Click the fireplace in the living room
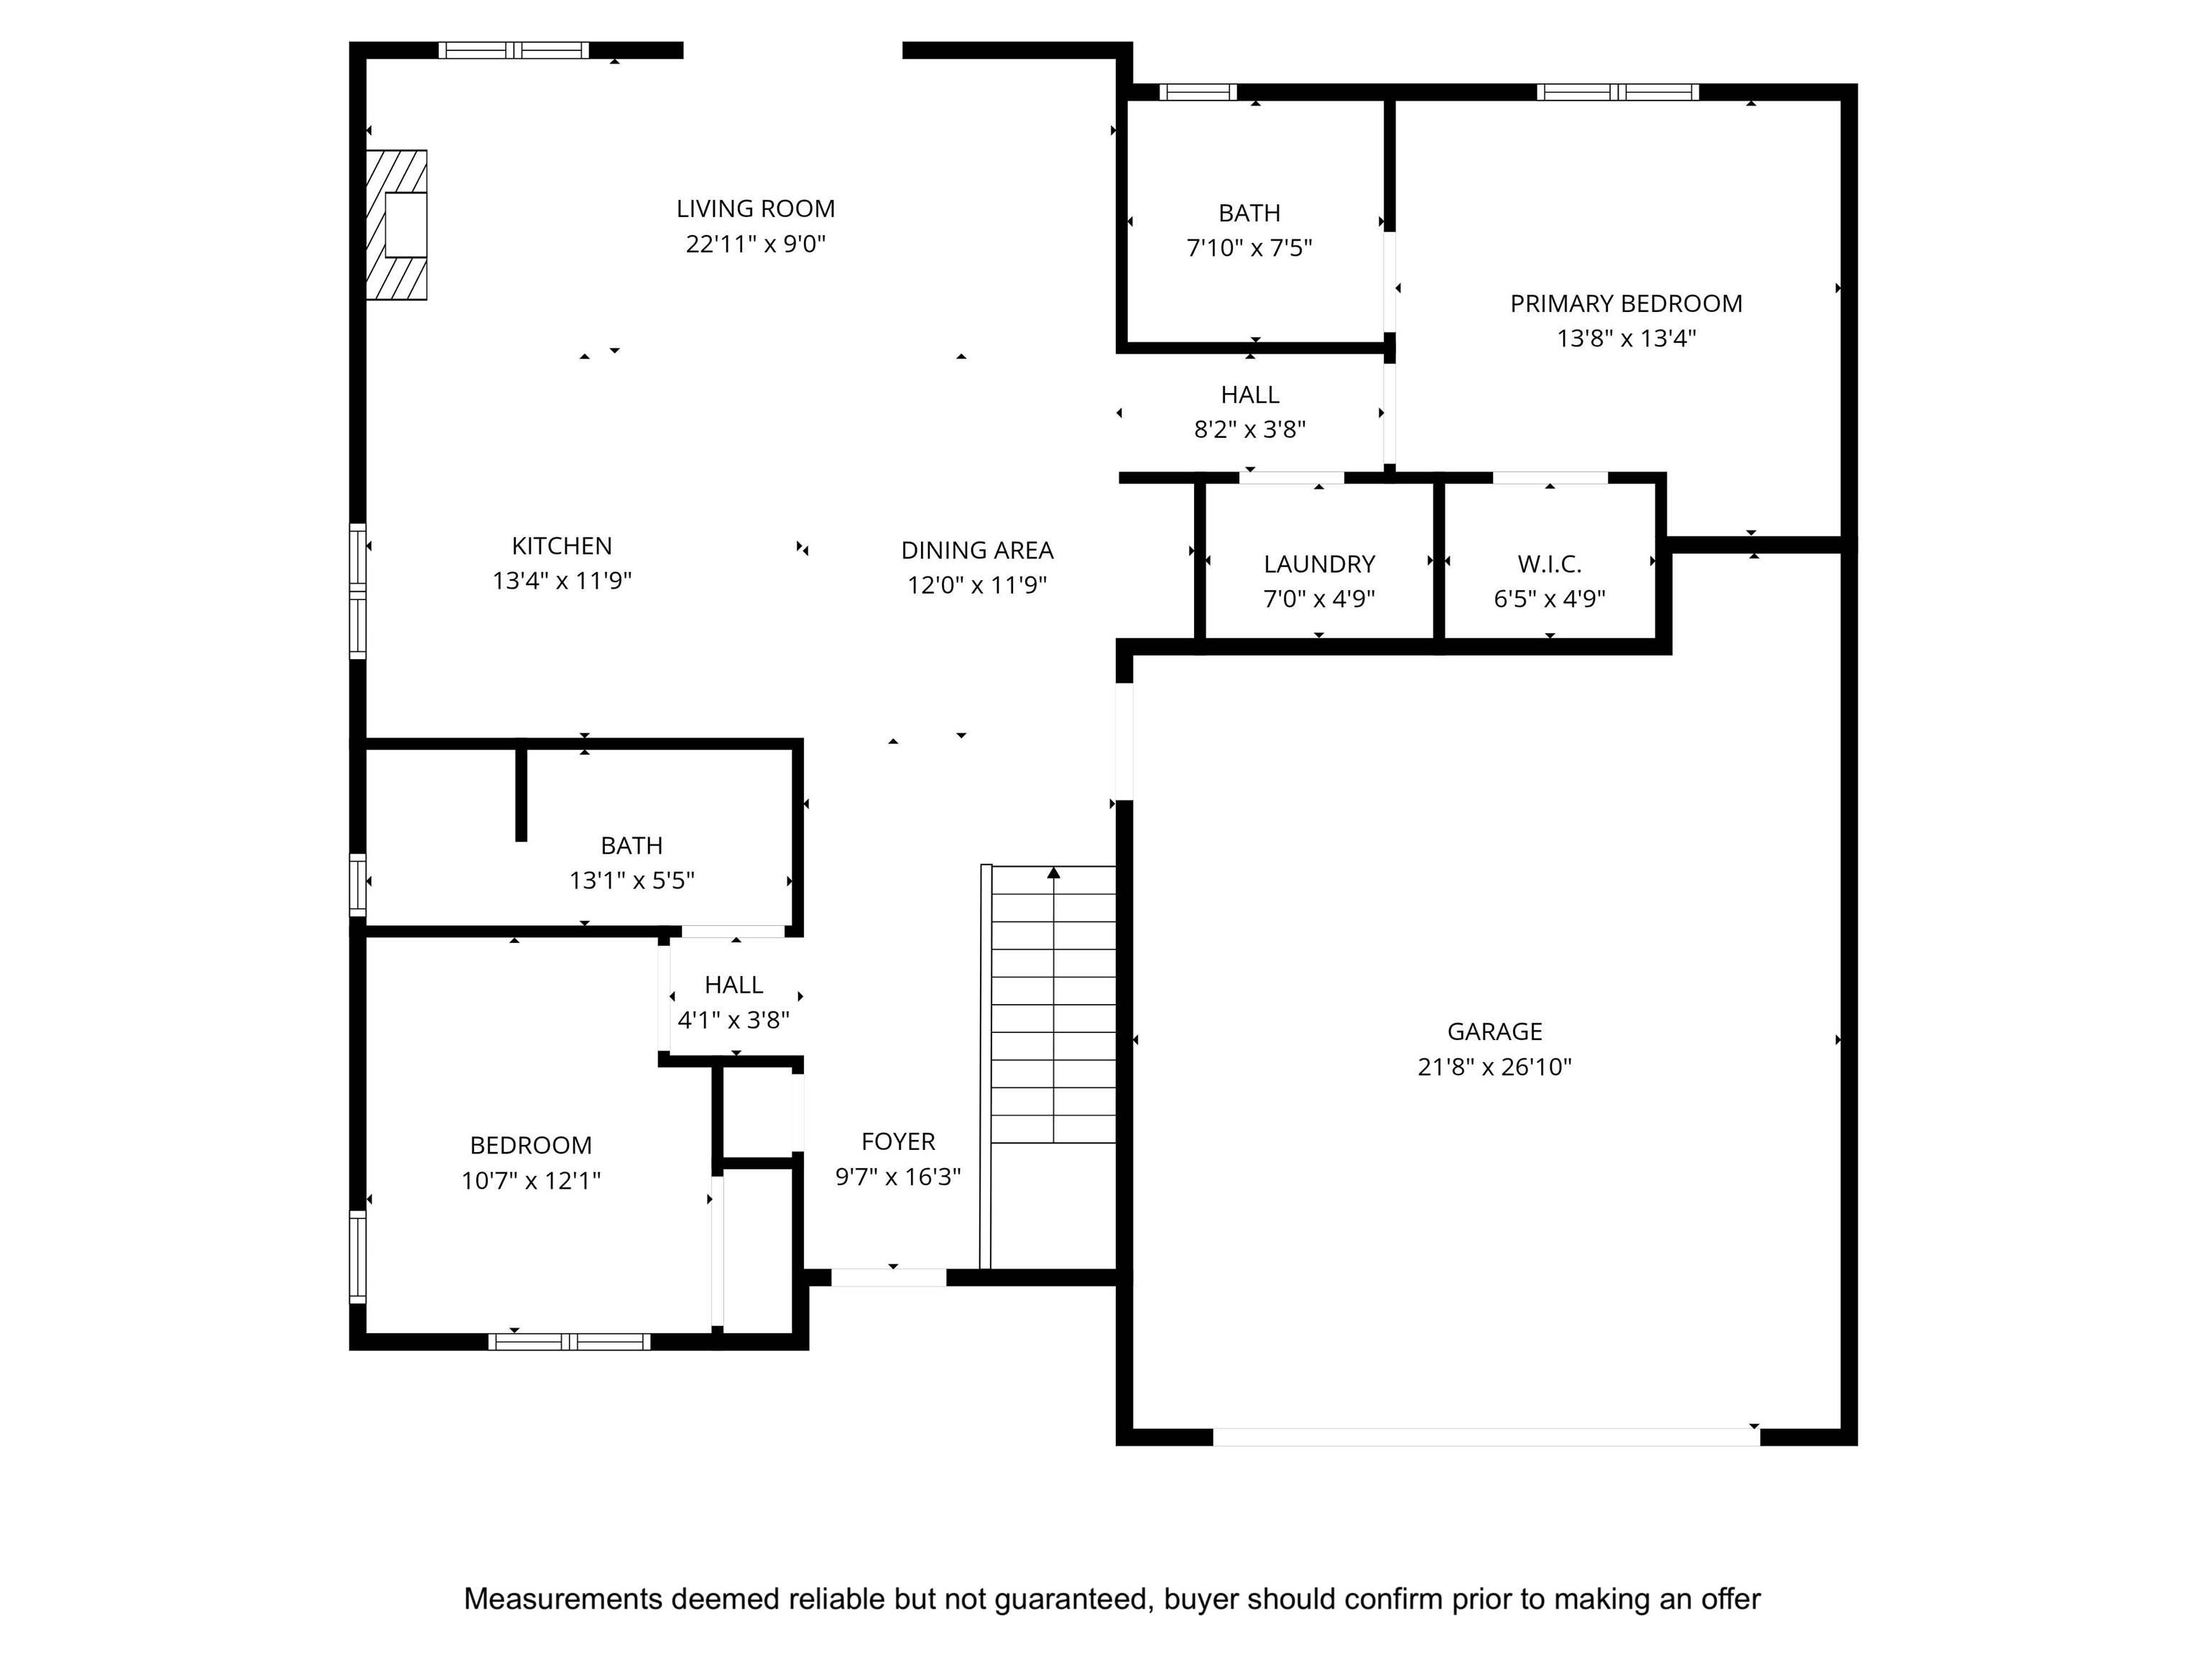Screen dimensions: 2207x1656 (x=396, y=224)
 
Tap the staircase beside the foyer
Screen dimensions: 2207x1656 (x=1049, y=1065)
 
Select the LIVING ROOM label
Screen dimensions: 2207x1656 (x=755, y=208)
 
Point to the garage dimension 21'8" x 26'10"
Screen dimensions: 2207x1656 (x=1494, y=1067)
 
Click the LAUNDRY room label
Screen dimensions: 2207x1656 (x=1319, y=564)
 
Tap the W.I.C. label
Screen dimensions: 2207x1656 (x=1550, y=564)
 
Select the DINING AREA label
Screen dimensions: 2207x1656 (x=977, y=550)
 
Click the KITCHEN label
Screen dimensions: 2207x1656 (x=562, y=546)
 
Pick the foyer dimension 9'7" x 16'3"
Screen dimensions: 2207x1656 (x=898, y=1177)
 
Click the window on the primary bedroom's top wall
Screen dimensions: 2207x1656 (x=1617, y=92)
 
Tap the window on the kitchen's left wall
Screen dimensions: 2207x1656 (x=357, y=590)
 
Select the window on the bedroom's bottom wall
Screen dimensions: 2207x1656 (x=569, y=1342)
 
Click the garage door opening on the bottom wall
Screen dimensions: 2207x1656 (x=1486, y=1436)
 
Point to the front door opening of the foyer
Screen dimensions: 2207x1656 (x=889, y=1276)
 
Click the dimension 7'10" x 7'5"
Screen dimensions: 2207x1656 (x=1249, y=247)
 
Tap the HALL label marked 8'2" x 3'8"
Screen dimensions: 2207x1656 (x=1250, y=395)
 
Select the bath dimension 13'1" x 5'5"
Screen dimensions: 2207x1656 (x=631, y=880)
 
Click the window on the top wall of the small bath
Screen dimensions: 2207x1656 (x=1198, y=92)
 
